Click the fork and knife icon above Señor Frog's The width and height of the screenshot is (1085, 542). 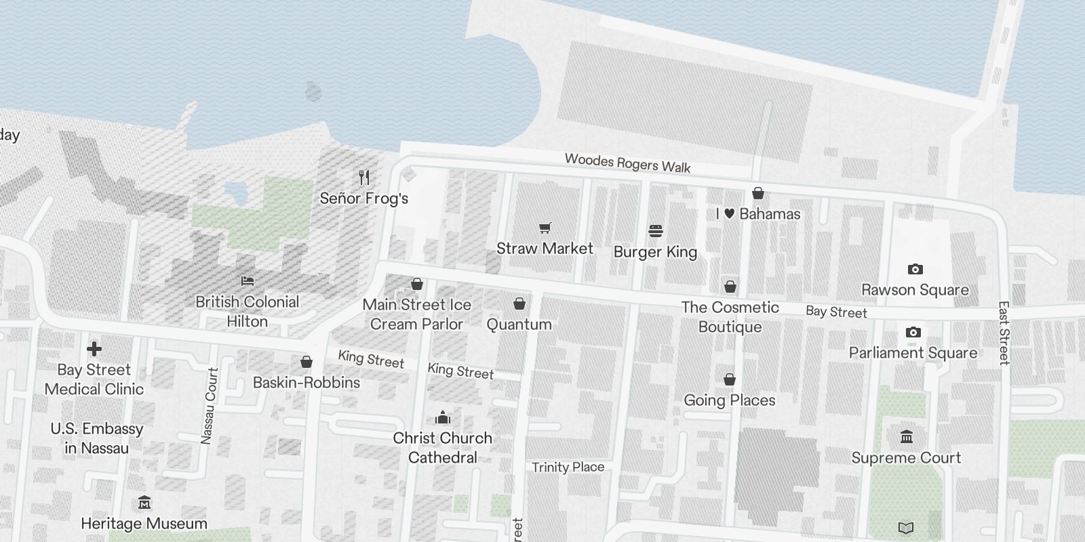364,178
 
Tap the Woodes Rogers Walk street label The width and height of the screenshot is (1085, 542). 628,163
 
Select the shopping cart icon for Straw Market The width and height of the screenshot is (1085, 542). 545,228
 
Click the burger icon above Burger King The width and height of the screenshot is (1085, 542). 655,231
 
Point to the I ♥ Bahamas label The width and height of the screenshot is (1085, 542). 758,214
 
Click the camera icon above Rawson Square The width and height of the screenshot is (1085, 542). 915,270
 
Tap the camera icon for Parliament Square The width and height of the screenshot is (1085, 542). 913,333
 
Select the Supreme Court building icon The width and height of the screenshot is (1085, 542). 906,437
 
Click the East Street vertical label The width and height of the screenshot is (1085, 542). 1004,333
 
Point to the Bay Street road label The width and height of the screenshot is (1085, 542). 836,312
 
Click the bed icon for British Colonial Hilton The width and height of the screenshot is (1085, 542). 248,281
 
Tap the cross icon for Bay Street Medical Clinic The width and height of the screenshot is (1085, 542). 94,349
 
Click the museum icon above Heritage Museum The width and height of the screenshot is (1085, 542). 144,503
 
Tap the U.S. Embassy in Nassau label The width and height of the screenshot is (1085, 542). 97,438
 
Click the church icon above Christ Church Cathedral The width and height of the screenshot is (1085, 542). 443,417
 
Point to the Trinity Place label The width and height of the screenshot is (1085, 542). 568,467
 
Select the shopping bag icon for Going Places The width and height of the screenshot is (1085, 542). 730,379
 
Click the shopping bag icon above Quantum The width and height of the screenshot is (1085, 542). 519,304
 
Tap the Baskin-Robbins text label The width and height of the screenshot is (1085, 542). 307,383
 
